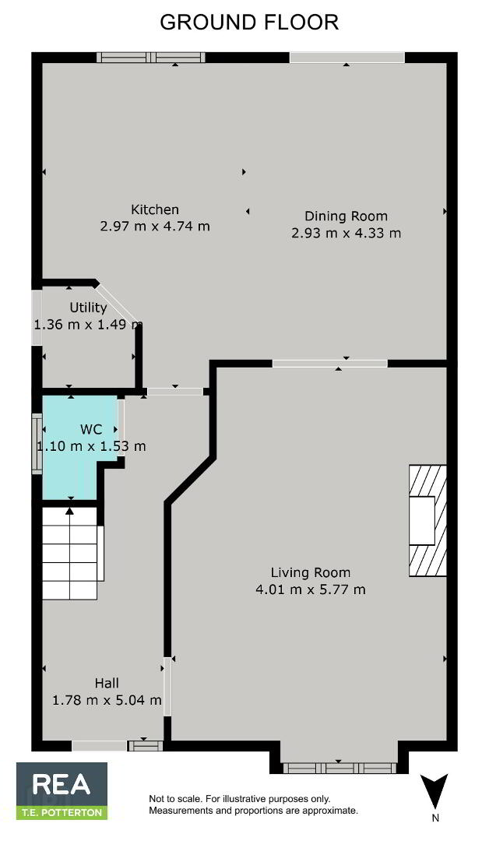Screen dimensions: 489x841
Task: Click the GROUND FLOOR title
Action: (249, 23)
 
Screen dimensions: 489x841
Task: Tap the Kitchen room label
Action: (155, 209)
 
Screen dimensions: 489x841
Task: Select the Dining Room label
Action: (346, 216)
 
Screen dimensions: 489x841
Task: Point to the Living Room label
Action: (311, 572)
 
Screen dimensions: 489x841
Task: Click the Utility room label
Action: (89, 308)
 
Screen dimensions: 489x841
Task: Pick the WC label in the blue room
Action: (90, 429)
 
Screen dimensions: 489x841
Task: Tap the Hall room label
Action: (107, 683)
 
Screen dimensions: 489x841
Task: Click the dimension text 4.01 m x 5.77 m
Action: (311, 589)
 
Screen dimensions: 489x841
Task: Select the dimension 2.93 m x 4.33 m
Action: (347, 234)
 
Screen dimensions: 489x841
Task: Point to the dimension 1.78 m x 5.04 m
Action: (107, 700)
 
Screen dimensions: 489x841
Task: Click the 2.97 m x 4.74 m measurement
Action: (155, 227)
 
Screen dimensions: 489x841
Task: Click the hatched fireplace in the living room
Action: (428, 520)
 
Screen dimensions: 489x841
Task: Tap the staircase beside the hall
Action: (70, 553)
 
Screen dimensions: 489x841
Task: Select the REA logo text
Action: (61, 784)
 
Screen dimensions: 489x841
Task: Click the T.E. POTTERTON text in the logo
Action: (61, 812)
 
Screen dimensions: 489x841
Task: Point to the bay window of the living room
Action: (339, 768)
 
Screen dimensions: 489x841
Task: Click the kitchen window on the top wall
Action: (150, 58)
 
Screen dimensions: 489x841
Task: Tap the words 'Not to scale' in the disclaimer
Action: (171, 799)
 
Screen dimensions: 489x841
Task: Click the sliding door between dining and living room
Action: (329, 363)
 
